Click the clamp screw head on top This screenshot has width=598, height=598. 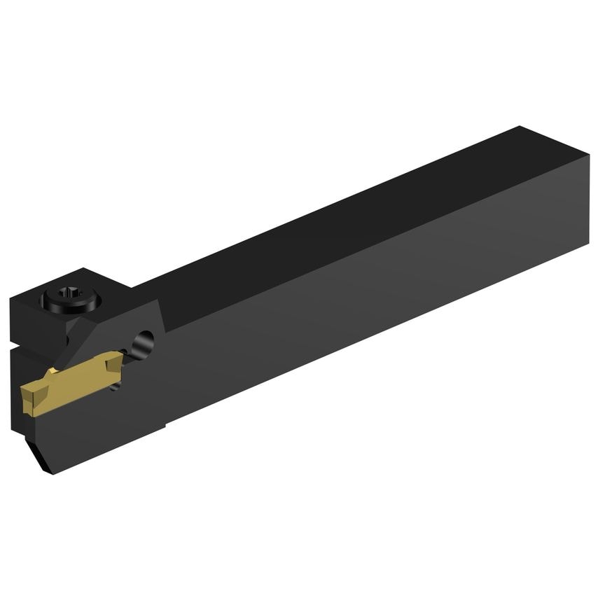pos(71,299)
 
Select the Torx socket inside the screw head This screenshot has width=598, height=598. pos(71,297)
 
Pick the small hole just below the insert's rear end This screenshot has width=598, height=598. pos(116,384)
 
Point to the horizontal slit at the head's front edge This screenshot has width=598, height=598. pos(21,346)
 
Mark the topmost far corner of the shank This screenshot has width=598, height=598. pos(520,127)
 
